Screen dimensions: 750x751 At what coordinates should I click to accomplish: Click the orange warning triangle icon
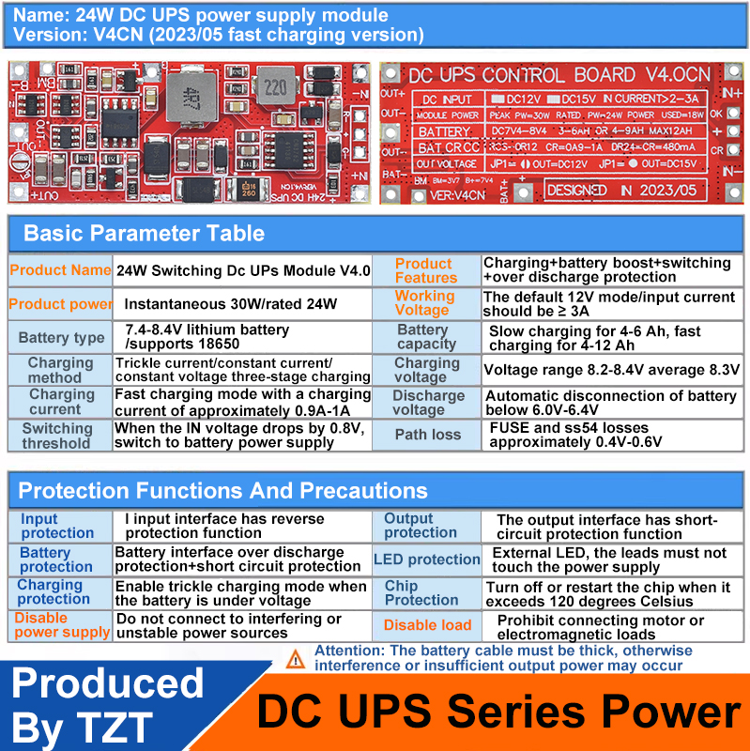tap(297, 659)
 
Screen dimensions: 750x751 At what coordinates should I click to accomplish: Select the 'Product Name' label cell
tap(60, 270)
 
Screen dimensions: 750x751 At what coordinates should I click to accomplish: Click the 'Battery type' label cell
tap(61, 338)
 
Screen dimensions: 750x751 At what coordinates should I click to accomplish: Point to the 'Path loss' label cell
tap(427, 434)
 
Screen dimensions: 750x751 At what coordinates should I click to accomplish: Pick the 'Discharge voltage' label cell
tap(427, 403)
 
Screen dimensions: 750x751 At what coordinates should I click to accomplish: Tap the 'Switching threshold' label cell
tap(57, 436)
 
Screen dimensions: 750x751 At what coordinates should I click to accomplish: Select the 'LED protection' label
tap(427, 559)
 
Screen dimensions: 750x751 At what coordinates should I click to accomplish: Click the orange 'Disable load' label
tap(427, 625)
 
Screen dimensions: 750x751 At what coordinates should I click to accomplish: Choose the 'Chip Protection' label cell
tap(421, 592)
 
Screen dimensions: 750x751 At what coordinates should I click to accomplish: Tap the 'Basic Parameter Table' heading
tap(144, 234)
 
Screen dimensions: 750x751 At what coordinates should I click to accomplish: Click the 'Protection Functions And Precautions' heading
tap(222, 490)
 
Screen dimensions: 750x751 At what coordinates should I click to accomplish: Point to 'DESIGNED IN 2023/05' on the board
tap(623, 189)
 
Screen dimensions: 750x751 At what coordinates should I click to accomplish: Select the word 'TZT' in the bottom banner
tap(112, 724)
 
